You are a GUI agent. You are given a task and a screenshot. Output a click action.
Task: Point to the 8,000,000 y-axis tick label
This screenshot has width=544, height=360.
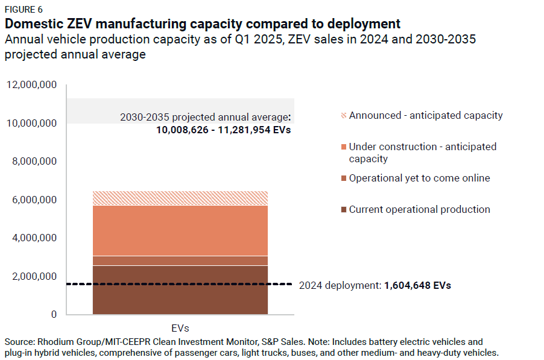[x=34, y=162]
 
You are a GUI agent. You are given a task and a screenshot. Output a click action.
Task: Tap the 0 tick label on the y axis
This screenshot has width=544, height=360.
[x=54, y=315]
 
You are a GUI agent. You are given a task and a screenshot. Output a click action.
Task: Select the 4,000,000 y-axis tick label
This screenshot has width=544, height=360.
[x=34, y=238]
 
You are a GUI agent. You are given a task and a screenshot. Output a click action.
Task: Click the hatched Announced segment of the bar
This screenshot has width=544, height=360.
[x=180, y=198]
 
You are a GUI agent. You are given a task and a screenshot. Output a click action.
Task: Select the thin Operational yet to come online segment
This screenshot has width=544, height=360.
[x=180, y=261]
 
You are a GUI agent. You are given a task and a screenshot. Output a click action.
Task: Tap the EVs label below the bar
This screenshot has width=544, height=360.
[x=180, y=329]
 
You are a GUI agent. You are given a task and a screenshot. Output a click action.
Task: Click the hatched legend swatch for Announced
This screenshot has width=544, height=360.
[x=344, y=115]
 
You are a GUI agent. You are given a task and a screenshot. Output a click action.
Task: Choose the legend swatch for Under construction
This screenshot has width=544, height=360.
[x=344, y=147]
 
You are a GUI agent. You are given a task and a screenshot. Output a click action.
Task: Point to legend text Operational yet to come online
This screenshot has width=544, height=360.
[x=419, y=178]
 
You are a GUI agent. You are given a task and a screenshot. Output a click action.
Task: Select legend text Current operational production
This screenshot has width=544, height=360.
[x=419, y=209]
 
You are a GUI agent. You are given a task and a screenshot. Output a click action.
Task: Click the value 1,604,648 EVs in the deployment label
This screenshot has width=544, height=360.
[x=417, y=285]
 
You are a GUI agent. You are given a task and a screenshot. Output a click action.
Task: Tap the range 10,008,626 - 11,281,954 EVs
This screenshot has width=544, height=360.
[x=223, y=129]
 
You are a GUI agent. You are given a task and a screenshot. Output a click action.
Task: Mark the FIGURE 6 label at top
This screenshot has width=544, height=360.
[x=24, y=10]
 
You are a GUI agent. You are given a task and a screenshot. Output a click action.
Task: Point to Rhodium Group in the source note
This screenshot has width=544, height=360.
[x=65, y=342]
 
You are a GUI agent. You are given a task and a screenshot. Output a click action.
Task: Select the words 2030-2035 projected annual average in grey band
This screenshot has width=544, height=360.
[x=204, y=117]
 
